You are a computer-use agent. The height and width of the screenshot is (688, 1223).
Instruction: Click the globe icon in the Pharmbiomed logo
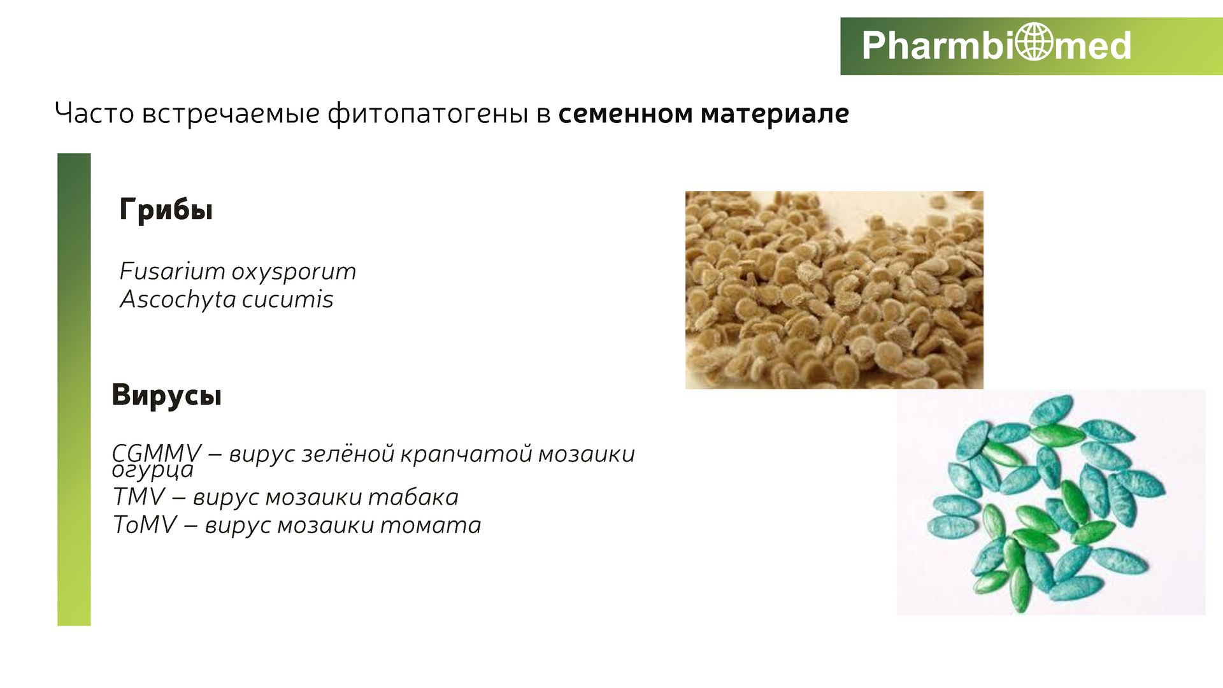(1034, 42)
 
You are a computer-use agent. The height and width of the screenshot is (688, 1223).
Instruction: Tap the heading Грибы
(166, 210)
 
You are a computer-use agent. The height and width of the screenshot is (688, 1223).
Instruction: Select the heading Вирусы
(167, 395)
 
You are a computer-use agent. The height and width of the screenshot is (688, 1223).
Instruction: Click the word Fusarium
(172, 271)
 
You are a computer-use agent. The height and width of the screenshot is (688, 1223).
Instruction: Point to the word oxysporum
(294, 273)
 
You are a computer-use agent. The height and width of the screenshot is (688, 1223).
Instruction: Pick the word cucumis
(288, 299)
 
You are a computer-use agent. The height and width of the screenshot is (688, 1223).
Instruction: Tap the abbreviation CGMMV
(157, 454)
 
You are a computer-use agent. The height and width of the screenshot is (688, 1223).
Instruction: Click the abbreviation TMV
(139, 497)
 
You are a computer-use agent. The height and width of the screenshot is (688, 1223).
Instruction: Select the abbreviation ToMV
(145, 525)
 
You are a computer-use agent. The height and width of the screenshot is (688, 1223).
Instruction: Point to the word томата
(431, 526)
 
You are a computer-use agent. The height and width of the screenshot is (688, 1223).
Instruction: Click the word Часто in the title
(95, 113)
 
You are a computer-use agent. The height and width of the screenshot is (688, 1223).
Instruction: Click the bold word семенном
(626, 114)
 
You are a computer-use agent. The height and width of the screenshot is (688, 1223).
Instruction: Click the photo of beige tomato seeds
(834, 290)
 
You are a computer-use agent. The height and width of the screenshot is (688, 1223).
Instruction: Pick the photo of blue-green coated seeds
(1051, 502)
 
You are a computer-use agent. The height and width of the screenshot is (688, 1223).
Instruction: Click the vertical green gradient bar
(74, 389)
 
